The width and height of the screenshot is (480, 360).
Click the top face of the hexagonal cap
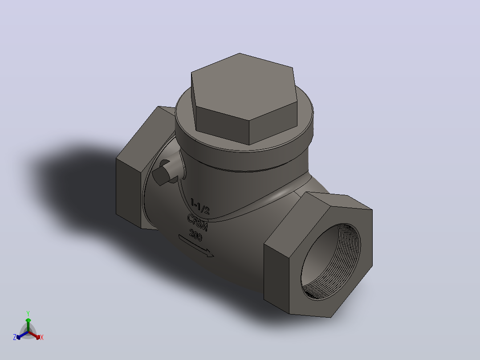click(x=244, y=87)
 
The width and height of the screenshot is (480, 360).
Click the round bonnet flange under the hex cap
click(x=245, y=135)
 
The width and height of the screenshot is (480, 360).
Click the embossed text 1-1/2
click(x=200, y=206)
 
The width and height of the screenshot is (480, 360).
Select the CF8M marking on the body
click(x=197, y=222)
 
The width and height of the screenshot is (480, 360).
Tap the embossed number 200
click(x=195, y=235)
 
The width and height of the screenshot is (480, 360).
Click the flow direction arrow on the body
click(x=196, y=246)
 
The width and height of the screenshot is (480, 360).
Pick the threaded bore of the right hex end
click(x=331, y=262)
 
